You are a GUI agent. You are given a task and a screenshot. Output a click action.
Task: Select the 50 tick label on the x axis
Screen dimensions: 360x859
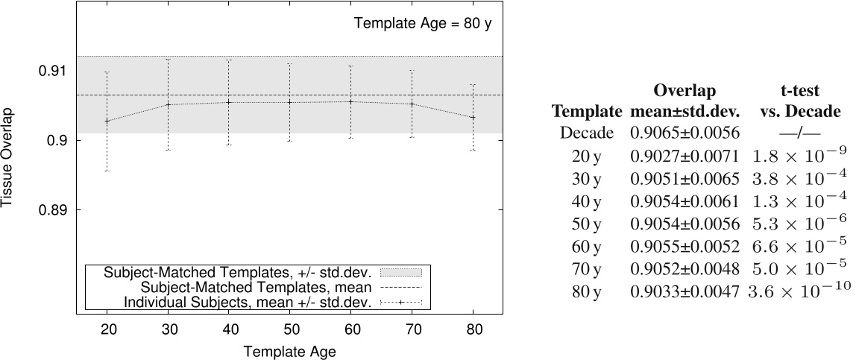[x=289, y=329]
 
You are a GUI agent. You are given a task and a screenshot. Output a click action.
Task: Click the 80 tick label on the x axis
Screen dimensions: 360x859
[x=472, y=329]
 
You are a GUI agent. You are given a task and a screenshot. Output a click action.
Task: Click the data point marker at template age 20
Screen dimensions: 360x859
[x=107, y=121]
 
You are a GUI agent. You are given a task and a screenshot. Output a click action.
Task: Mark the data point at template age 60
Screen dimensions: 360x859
[x=350, y=101]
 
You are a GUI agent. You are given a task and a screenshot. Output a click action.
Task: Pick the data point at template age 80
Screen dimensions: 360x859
[x=472, y=117]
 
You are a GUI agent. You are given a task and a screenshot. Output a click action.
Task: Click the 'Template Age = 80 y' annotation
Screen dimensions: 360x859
[x=423, y=23]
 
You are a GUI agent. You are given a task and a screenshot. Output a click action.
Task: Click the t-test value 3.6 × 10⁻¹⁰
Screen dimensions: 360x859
[x=798, y=291]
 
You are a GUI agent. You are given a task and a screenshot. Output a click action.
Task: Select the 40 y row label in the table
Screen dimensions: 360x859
[x=587, y=201]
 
